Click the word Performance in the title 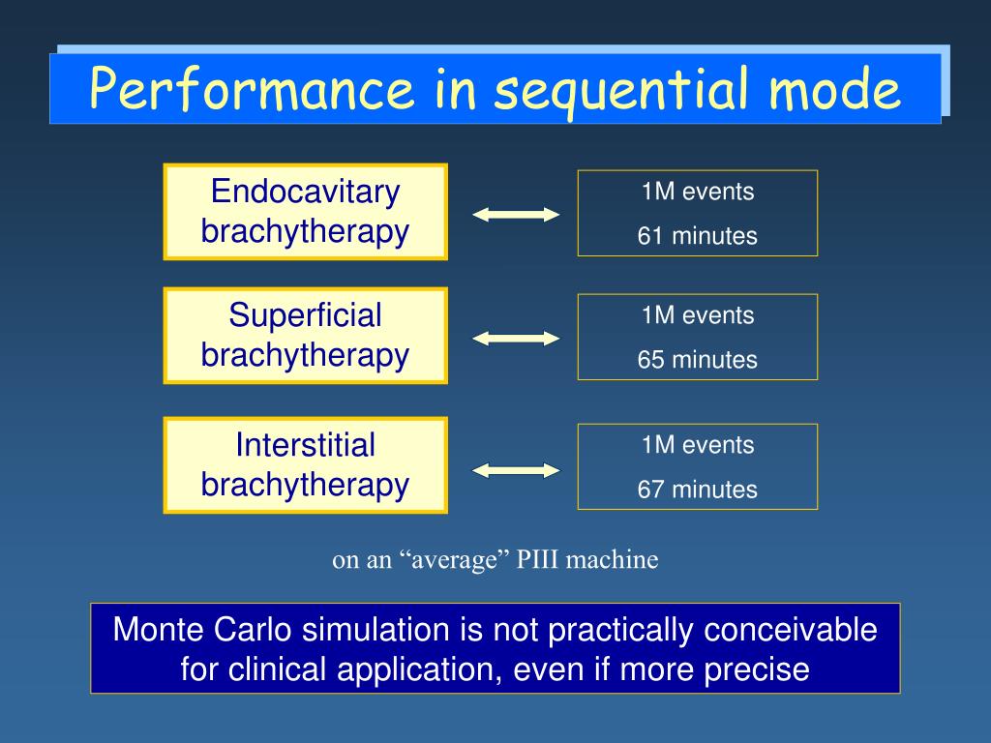252,88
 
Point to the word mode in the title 835,88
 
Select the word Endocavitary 305,192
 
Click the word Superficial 305,314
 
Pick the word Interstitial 305,444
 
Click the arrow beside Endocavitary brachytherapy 516,215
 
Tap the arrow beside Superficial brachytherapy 516,339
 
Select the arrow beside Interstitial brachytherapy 516,470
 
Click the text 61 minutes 697,236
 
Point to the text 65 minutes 697,360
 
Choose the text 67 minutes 697,489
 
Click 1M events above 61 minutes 698,192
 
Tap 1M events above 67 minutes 698,445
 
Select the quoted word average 455,560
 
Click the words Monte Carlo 202,630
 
